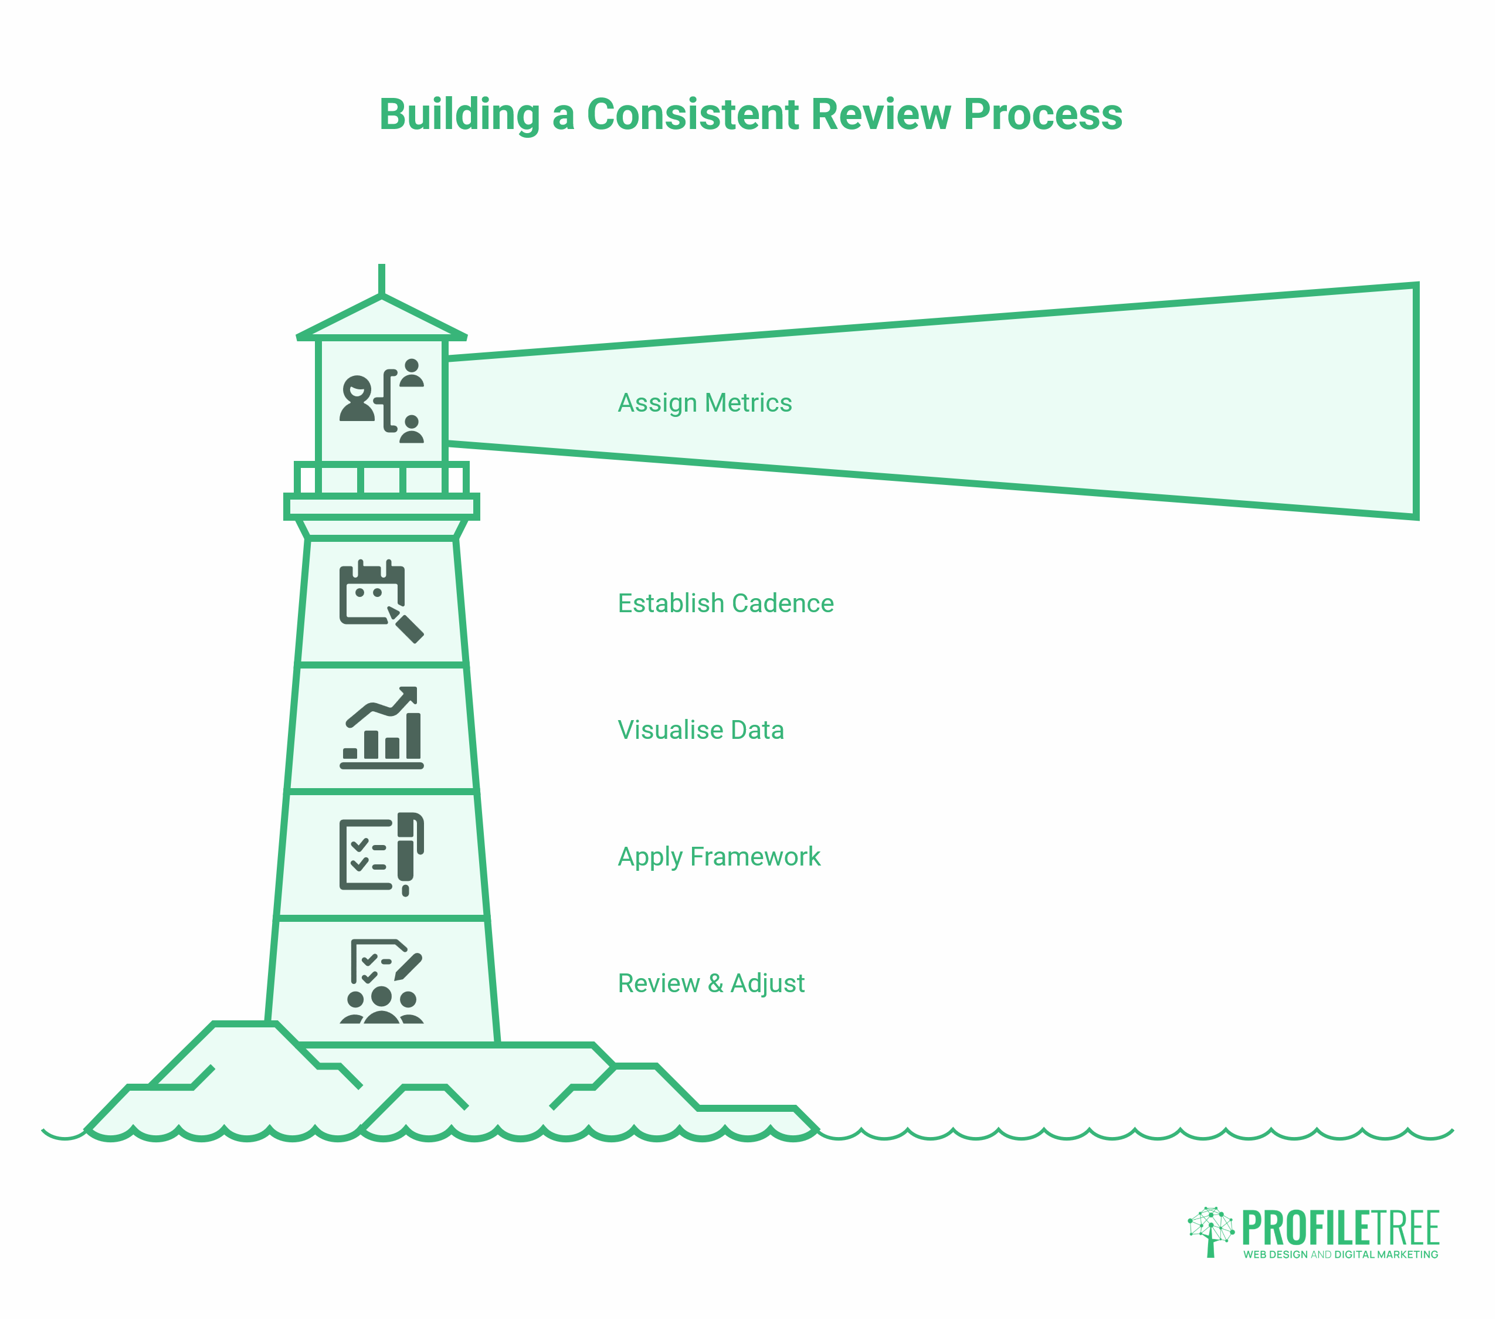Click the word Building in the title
[459, 115]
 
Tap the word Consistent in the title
[693, 115]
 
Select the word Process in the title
[1042, 115]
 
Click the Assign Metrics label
[704, 403]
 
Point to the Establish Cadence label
[725, 603]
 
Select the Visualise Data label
[700, 730]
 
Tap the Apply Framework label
[719, 857]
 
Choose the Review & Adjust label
[711, 983]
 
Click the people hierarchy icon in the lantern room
[381, 401]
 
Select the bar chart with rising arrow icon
[381, 728]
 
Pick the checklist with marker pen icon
[381, 854]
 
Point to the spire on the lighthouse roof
[381, 278]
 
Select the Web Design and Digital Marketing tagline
[1340, 1254]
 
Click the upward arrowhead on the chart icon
[410, 694]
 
